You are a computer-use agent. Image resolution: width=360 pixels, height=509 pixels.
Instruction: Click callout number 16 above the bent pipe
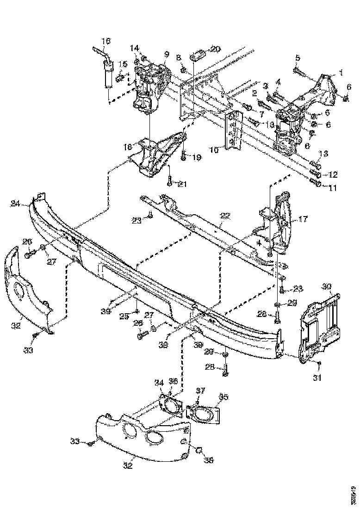click(x=106, y=41)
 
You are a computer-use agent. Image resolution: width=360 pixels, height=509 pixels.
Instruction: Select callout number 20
click(x=216, y=49)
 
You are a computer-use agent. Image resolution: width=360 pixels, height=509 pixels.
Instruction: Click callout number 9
click(x=166, y=54)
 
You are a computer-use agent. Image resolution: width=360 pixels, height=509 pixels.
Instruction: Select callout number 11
click(x=333, y=188)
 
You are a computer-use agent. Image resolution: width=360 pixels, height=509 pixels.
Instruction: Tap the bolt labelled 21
click(x=170, y=180)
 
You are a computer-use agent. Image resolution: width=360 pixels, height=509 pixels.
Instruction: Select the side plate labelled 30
click(x=319, y=324)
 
